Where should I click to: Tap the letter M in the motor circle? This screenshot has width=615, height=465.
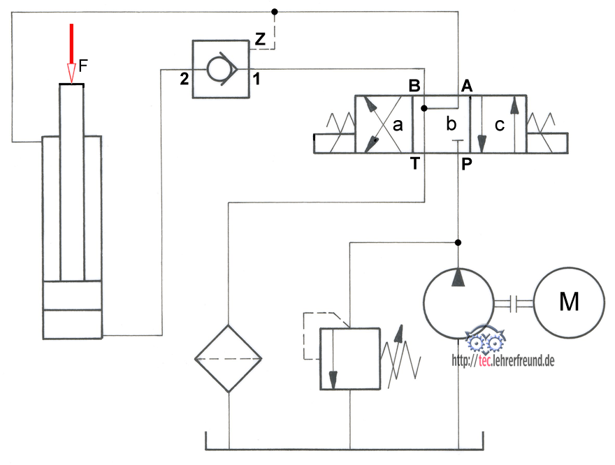click(x=569, y=302)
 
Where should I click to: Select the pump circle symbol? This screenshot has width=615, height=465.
click(x=458, y=303)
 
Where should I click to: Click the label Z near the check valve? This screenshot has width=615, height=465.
click(x=260, y=40)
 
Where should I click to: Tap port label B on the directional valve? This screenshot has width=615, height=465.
click(x=414, y=86)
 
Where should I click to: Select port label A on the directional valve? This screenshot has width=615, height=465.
click(x=467, y=86)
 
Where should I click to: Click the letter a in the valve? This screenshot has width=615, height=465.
click(x=398, y=126)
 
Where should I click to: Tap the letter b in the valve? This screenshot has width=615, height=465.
click(x=451, y=125)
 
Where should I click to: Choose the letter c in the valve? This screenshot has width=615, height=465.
click(x=498, y=126)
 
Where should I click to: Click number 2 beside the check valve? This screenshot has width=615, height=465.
click(x=184, y=79)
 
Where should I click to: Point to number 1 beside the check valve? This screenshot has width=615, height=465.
click(x=256, y=79)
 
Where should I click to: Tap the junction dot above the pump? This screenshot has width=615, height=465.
click(x=458, y=242)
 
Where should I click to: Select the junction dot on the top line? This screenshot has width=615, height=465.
click(x=275, y=11)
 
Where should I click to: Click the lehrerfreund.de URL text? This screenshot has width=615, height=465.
click(x=503, y=361)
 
